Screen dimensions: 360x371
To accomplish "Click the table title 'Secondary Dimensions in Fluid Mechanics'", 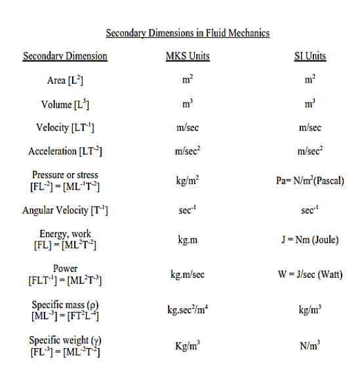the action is coord(188,33).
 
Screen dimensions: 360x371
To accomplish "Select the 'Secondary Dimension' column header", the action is coord(65,56).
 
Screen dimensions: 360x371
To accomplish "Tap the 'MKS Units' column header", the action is coord(188,56).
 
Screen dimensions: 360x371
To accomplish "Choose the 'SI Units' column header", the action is coord(310,56).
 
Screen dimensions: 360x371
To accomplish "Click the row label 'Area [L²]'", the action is coord(65,81).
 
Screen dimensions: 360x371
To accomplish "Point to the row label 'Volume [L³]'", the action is coord(65,104).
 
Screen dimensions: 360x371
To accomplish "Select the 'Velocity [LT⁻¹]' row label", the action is coord(65,127).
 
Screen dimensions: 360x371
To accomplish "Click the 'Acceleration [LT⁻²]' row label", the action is coord(65,151).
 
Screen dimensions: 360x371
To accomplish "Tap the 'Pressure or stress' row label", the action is coord(65,175).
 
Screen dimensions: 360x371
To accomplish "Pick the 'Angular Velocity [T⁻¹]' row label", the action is coord(65,210).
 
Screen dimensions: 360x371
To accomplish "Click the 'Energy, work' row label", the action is coord(65,234).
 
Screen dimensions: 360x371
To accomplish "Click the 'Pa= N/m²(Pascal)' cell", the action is coord(310,180).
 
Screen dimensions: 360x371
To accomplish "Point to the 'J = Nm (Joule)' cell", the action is coord(310,239).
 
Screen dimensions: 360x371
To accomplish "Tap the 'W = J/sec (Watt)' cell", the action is coord(310,275).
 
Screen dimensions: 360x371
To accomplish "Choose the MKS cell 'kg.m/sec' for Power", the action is coord(188,275).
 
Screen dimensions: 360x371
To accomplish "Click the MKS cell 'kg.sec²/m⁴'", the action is coord(188,309).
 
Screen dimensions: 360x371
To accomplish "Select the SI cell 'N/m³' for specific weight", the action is coord(310,345).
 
